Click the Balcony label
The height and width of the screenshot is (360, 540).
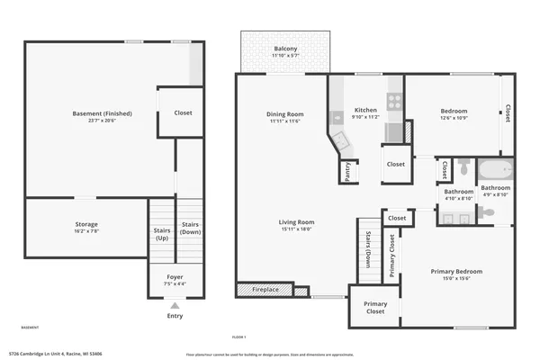point(285,49)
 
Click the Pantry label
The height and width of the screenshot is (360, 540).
point(348,171)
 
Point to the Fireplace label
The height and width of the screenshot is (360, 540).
point(264,290)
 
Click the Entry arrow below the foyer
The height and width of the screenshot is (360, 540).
point(175,307)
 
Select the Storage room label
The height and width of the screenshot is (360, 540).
point(86,224)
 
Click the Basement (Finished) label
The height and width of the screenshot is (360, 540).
point(102,113)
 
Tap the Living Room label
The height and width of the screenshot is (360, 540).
point(295,222)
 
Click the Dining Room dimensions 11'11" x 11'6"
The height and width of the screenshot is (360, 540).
point(284,121)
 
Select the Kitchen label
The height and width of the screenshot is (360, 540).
point(364,110)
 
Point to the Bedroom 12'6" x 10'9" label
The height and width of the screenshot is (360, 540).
point(454,112)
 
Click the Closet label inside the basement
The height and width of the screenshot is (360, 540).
point(182,113)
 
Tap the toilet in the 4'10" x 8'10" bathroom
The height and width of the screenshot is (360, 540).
point(463,166)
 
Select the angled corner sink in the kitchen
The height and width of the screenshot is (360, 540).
point(339,140)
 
